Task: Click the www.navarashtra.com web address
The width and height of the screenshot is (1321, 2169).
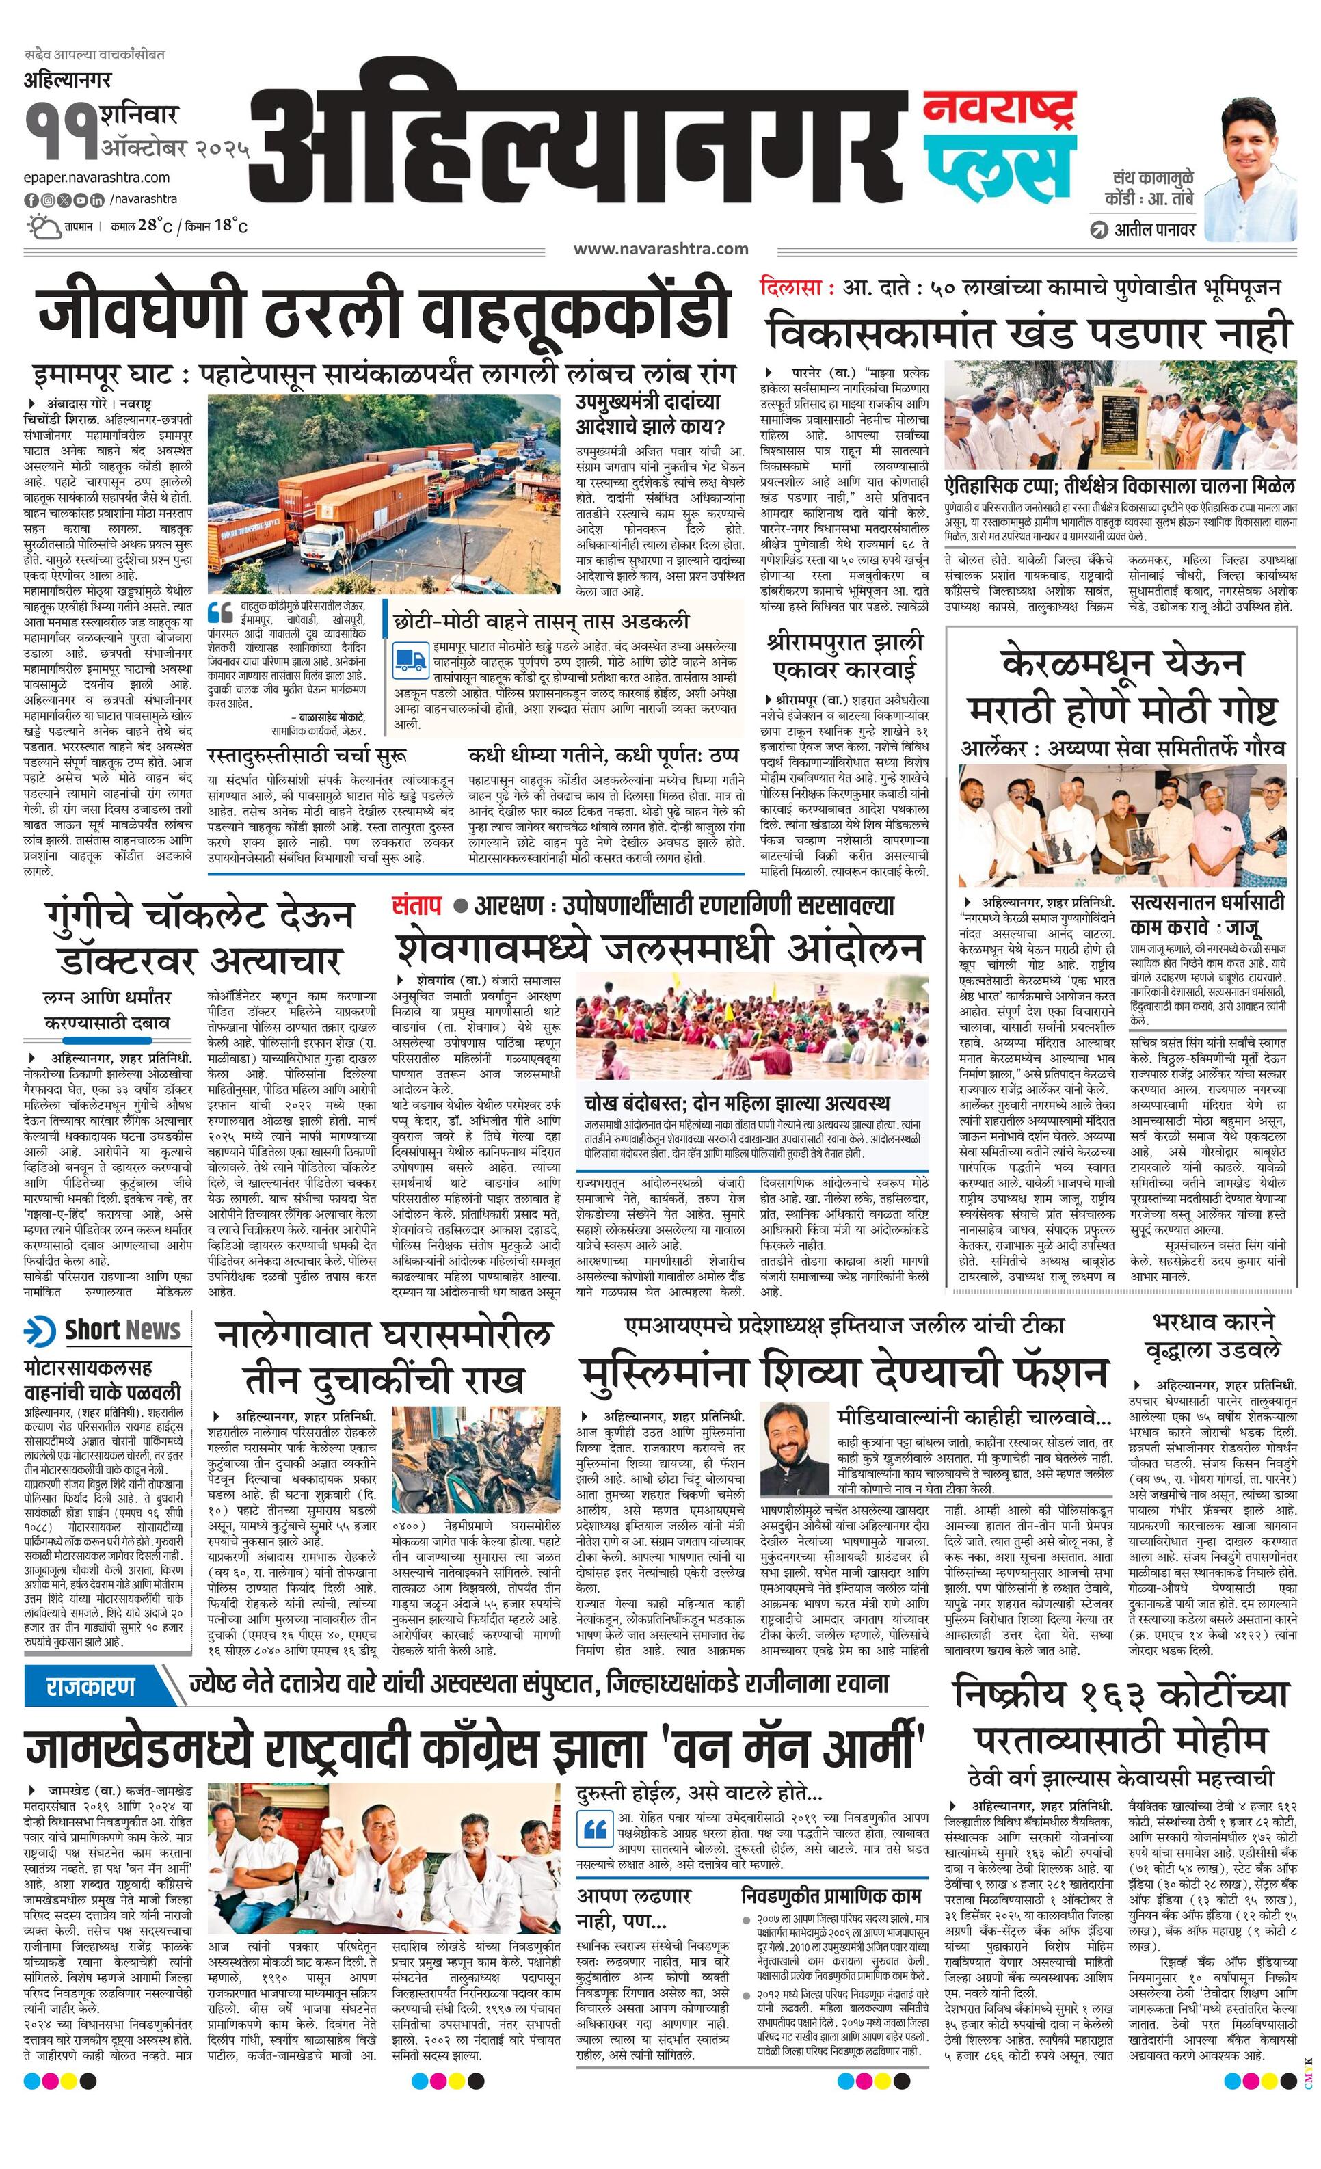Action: click(660, 249)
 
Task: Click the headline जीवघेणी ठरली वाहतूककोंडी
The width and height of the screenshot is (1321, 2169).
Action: click(384, 312)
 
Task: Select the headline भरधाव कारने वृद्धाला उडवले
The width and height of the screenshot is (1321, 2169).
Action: click(1213, 1335)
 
